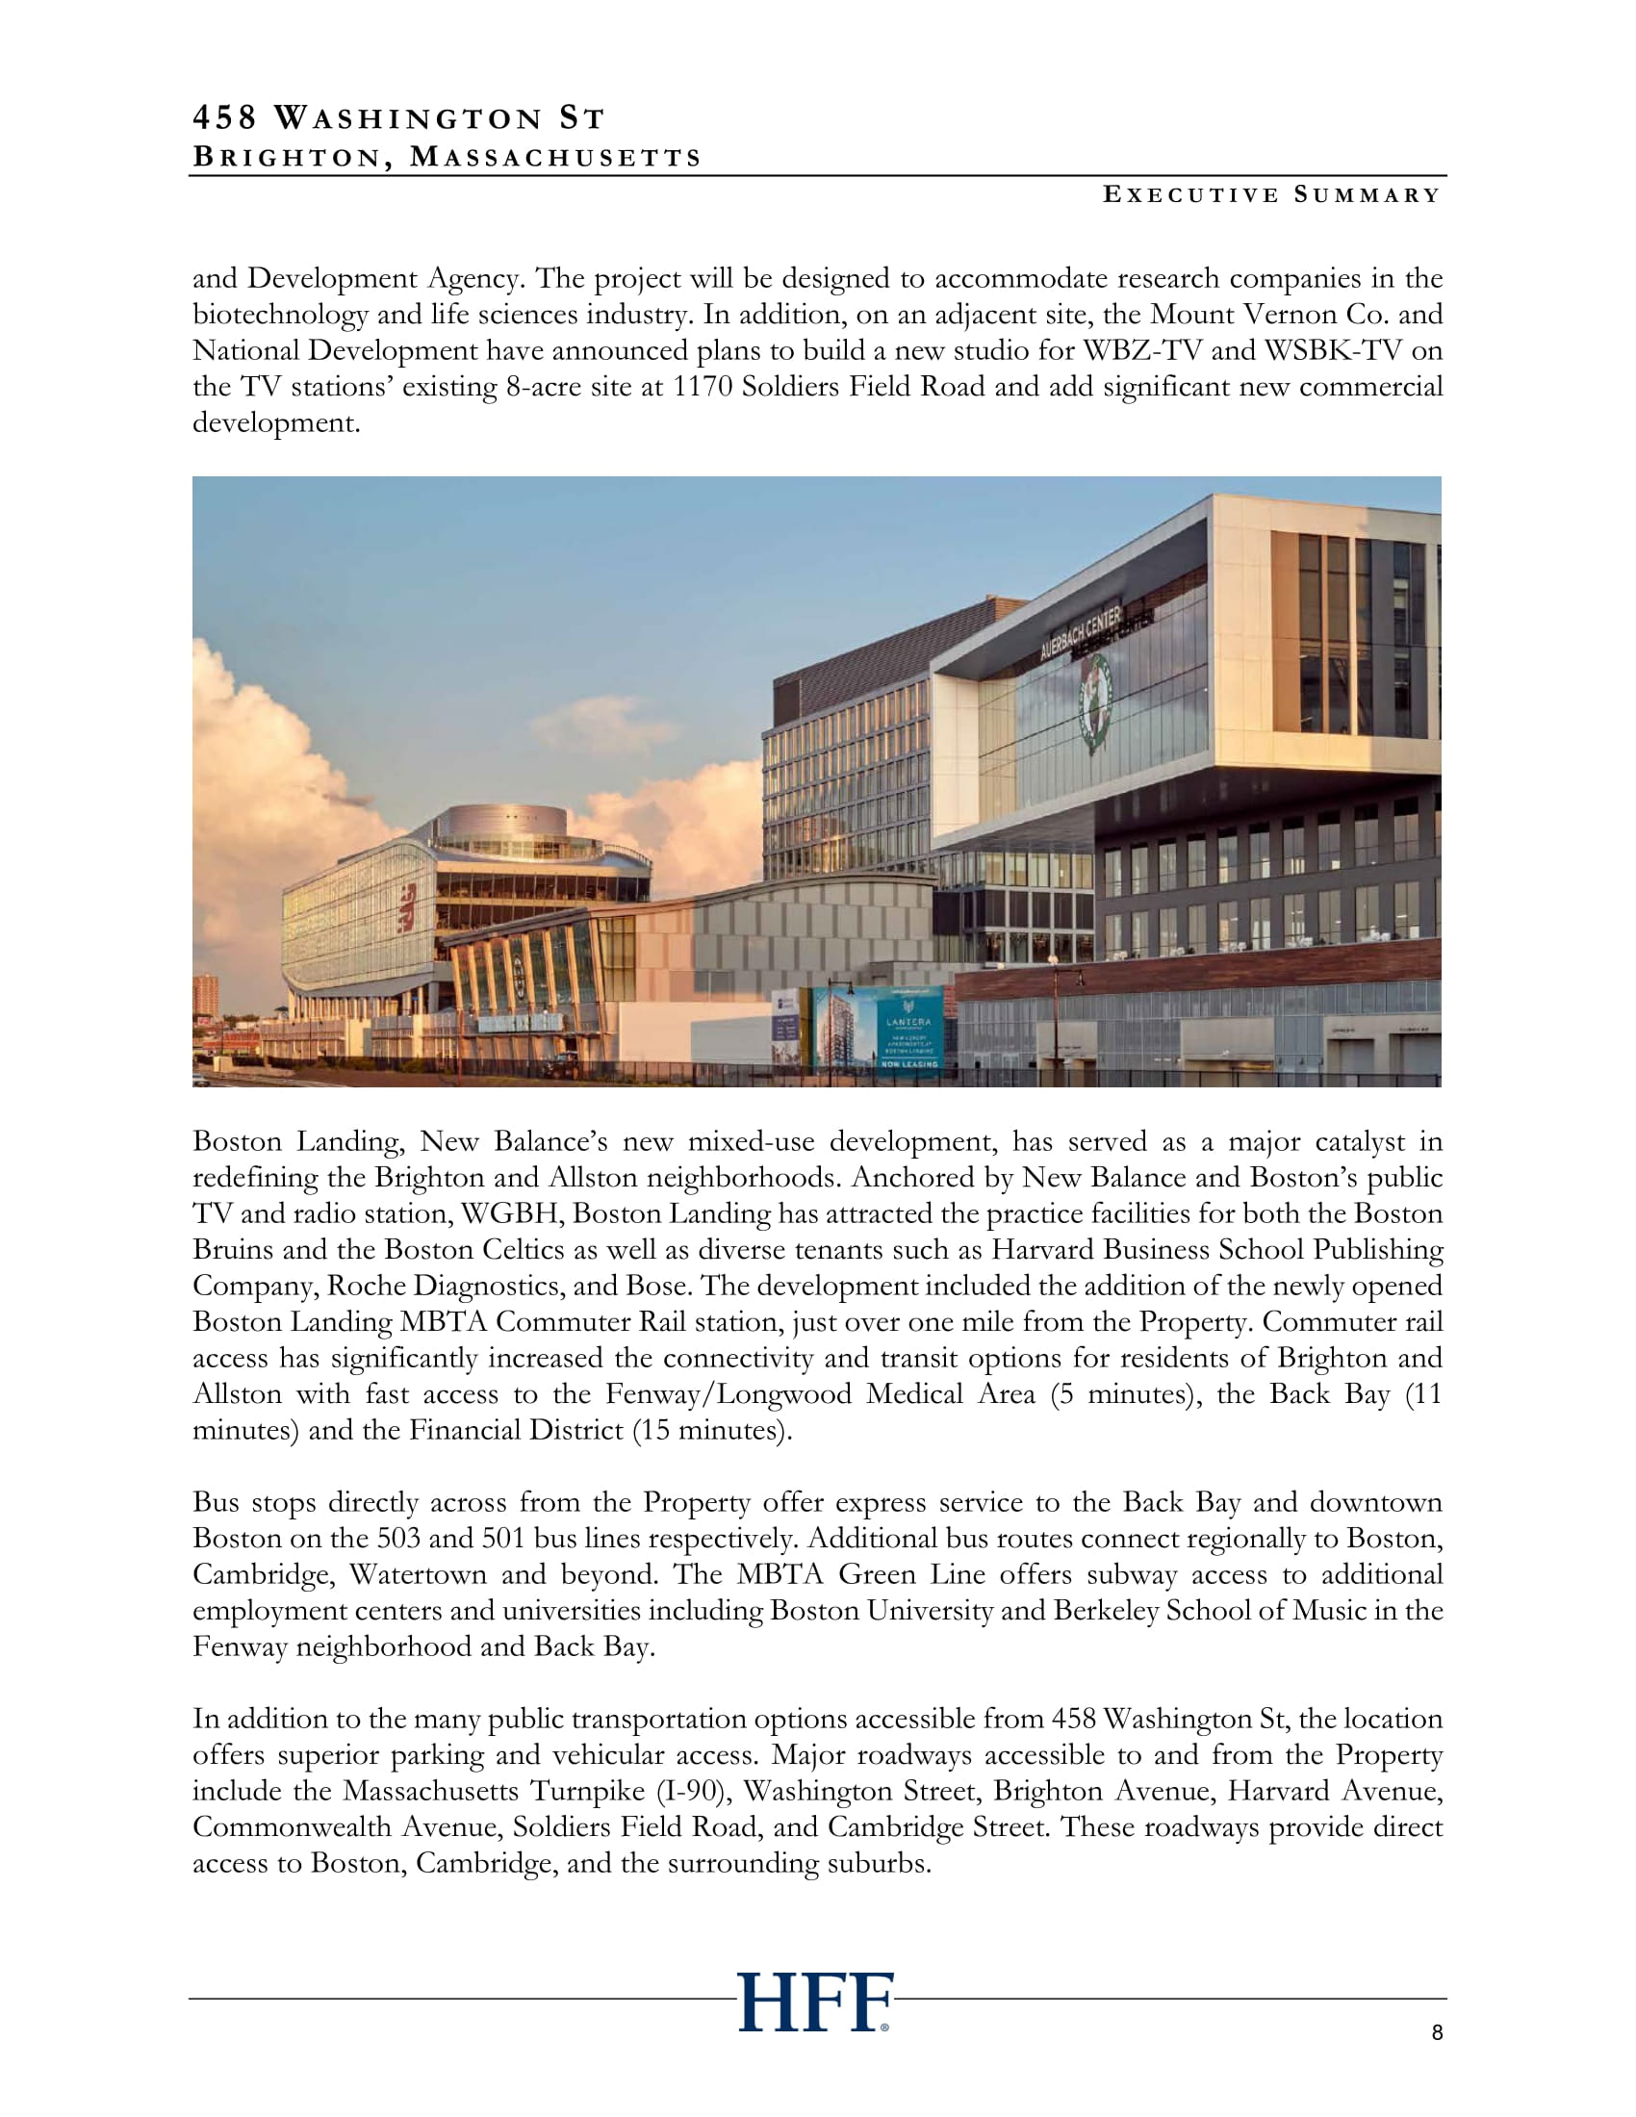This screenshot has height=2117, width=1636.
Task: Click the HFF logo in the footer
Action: tap(814, 2002)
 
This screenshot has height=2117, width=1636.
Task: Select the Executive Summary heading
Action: tap(1271, 194)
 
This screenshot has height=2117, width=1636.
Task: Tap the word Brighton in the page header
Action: tap(288, 157)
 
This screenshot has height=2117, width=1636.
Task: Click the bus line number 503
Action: tap(397, 1539)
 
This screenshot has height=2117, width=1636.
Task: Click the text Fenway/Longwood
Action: tap(729, 1394)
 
